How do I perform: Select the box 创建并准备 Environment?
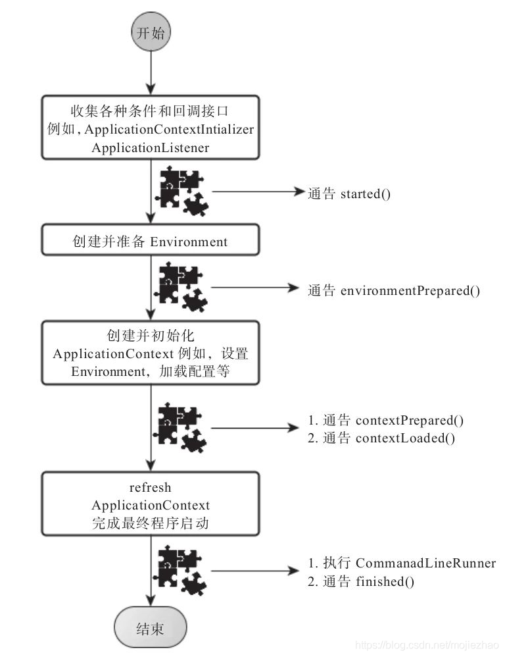[x=151, y=242]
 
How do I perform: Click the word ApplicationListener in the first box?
[x=151, y=147]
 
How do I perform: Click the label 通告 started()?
[x=349, y=194]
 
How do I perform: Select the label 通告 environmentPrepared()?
[x=394, y=290]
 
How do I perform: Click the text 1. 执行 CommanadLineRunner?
[x=402, y=564]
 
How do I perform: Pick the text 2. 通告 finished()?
[x=361, y=581]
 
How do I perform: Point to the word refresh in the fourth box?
[x=151, y=488]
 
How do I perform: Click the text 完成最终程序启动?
[x=151, y=524]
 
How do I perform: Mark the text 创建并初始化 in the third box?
[x=151, y=335]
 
